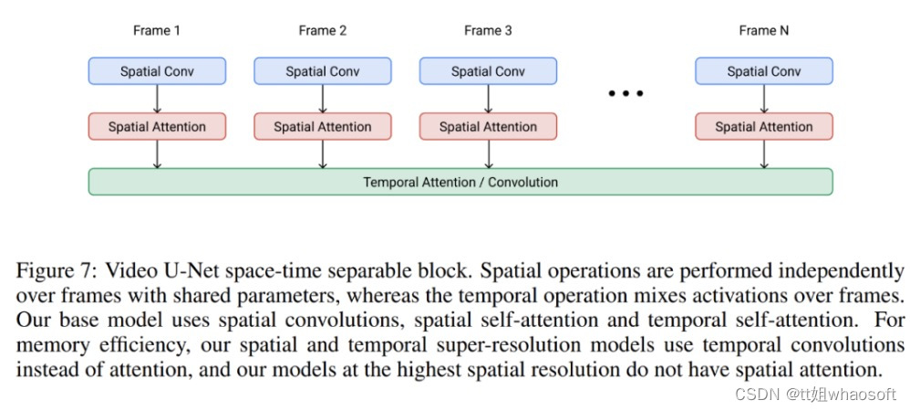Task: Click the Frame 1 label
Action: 157,30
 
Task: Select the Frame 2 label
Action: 323,30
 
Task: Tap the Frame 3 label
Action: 488,30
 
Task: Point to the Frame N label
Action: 764,30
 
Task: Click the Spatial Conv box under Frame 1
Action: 157,71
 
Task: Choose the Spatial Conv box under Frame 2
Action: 323,71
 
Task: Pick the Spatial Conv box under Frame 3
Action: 488,71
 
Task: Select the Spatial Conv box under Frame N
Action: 764,71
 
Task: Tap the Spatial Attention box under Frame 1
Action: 157,127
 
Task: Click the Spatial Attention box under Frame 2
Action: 323,127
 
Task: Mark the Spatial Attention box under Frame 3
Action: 488,127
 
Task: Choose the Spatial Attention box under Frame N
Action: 764,127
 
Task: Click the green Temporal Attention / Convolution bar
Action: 460,182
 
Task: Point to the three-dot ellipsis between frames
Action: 626,93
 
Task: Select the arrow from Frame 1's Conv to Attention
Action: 157,99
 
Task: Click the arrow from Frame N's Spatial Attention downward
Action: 764,154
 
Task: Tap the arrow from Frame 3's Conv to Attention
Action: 488,99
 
